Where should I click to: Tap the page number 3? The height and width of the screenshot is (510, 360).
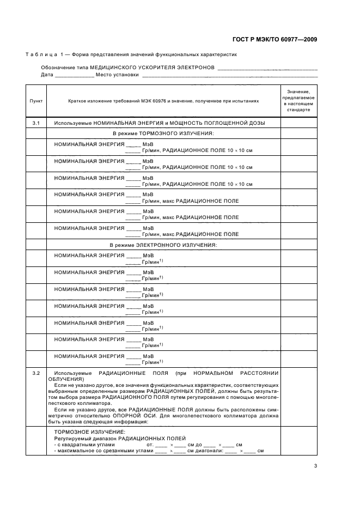coord(315,465)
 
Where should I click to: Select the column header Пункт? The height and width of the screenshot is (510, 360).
coord(36,101)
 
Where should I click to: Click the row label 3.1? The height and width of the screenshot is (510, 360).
coord(36,123)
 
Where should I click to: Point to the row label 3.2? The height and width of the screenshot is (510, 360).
coord(36,373)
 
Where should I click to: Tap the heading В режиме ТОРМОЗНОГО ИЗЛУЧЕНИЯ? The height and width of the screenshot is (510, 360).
coord(163,133)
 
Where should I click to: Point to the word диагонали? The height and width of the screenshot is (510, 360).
coord(208,451)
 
